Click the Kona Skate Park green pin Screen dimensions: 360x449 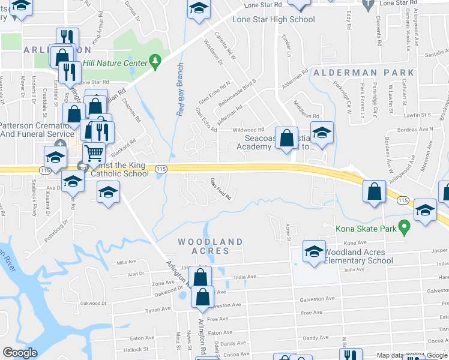[405, 228]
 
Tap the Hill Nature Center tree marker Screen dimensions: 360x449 [155, 61]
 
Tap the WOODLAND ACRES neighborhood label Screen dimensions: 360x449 [210, 246]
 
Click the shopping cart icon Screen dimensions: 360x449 [94, 154]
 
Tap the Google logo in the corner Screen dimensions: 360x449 [20, 353]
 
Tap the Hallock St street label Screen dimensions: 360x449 [136, 349]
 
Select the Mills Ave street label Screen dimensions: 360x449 [127, 262]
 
